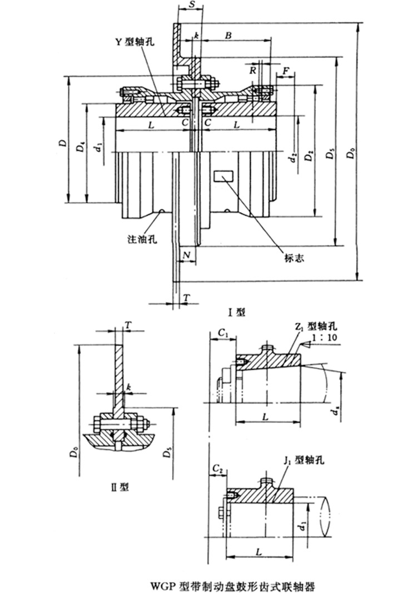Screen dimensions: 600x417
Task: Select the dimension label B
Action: click(227, 36)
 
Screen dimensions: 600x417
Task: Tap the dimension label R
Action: click(253, 71)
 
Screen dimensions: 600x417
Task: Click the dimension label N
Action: click(187, 255)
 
